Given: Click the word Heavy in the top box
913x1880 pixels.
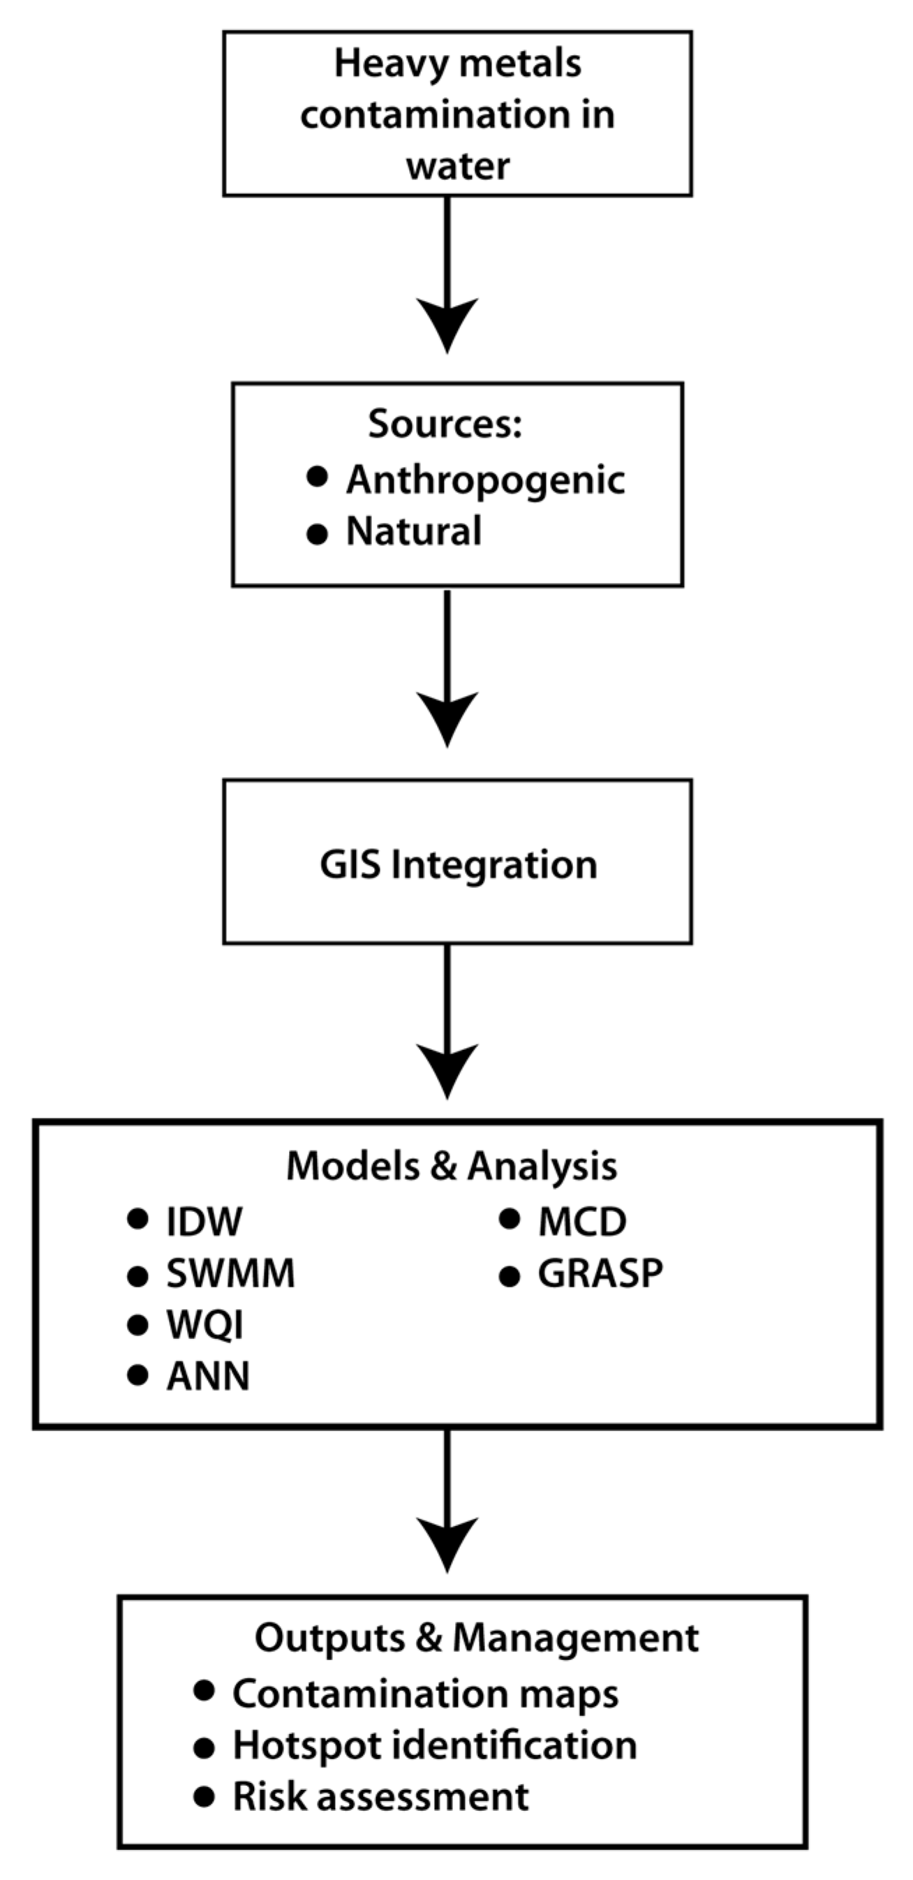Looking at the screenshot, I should click(x=380, y=64).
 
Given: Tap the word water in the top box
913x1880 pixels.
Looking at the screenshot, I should click(x=458, y=166).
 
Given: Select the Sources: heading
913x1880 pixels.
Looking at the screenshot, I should click(x=445, y=423).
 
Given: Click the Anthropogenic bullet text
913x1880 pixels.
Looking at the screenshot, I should click(x=485, y=480).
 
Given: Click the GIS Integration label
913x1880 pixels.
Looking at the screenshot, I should click(x=459, y=865).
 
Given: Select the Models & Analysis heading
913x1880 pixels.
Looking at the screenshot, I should click(x=451, y=1166).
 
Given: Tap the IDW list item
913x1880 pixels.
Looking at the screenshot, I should click(x=205, y=1222).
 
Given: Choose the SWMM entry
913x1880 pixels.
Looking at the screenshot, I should click(x=230, y=1273).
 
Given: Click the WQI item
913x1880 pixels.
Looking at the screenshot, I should click(x=205, y=1324).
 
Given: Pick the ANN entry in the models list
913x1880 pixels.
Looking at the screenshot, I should click(x=208, y=1377).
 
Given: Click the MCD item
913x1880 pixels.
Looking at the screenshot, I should click(x=581, y=1222).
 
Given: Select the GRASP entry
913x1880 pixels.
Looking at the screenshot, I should click(x=600, y=1273).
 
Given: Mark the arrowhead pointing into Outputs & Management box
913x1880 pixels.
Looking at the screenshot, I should click(x=447, y=1543).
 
